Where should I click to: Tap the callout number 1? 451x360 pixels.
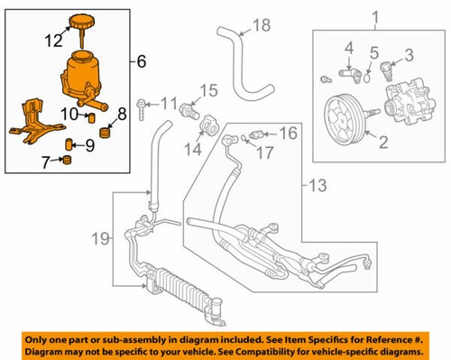point(376,17)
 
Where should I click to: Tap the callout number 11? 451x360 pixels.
point(169,104)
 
